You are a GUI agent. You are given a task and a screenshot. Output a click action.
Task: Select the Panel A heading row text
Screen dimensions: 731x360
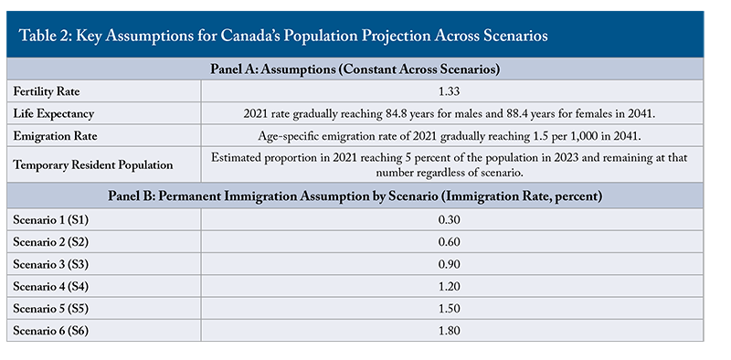click(x=355, y=69)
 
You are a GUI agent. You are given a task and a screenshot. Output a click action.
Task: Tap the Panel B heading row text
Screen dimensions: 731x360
click(x=355, y=196)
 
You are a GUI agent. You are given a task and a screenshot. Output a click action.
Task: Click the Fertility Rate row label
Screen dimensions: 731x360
click(x=47, y=91)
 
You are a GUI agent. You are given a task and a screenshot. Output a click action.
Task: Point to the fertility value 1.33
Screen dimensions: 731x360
click(x=449, y=91)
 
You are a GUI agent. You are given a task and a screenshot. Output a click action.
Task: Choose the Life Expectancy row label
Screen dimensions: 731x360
click(x=53, y=114)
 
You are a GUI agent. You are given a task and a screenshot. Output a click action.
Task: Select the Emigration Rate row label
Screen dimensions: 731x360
click(x=55, y=136)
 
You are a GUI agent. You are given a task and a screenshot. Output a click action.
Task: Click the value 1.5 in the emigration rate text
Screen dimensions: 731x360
click(x=532, y=136)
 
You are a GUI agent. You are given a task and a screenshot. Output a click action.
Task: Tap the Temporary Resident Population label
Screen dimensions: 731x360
click(x=93, y=164)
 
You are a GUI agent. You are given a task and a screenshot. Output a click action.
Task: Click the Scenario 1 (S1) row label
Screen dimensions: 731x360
click(x=50, y=219)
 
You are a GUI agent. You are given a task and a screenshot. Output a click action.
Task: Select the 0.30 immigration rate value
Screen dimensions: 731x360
click(x=449, y=219)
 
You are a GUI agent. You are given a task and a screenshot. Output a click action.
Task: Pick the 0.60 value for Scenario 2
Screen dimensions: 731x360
click(x=449, y=241)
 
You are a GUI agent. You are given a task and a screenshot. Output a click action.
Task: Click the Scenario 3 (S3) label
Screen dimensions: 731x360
click(x=50, y=264)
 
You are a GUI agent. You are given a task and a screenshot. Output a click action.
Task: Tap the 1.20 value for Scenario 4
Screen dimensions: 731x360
click(x=449, y=286)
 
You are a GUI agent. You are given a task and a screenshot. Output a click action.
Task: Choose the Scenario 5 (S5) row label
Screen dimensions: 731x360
click(x=50, y=309)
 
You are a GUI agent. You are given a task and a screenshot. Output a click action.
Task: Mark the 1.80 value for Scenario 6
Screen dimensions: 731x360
click(x=449, y=331)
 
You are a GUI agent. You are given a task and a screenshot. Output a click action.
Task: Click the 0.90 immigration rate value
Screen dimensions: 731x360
click(x=449, y=264)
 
